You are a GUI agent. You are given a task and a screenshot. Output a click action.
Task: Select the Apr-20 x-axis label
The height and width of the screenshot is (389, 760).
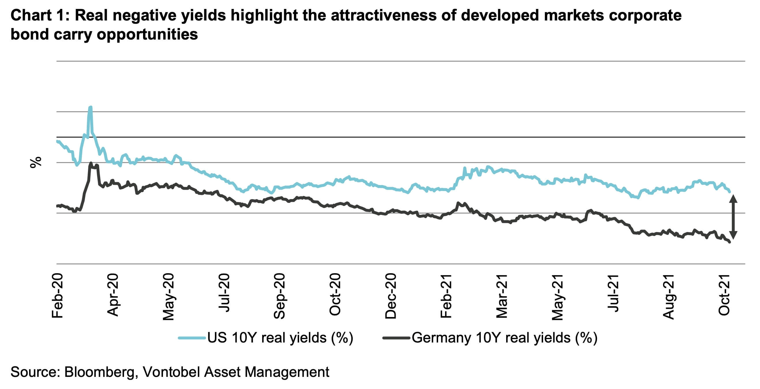(x=113, y=295)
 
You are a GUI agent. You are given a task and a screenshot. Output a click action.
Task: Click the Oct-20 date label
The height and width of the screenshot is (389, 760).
(x=335, y=295)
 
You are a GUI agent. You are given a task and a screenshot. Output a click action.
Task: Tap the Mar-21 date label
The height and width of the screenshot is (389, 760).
(x=502, y=296)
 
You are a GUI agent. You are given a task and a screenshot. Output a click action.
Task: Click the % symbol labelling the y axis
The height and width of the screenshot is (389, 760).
(x=36, y=163)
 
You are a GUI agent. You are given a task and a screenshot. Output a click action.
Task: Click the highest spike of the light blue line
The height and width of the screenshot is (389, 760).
(x=91, y=107)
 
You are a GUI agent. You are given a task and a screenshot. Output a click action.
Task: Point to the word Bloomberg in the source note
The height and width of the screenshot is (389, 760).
(x=99, y=372)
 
